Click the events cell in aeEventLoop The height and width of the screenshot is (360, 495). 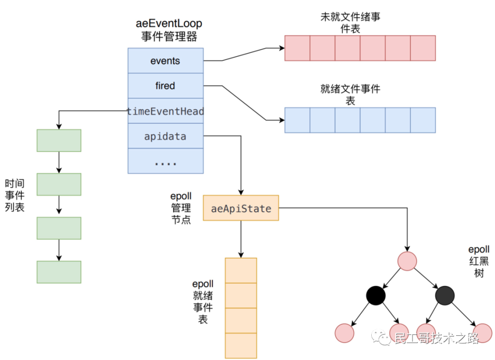click(x=165, y=61)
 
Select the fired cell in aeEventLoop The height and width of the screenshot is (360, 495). click(x=165, y=86)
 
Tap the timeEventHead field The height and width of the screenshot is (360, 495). click(x=165, y=111)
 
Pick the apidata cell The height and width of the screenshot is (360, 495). click(x=165, y=136)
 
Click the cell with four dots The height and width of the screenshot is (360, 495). click(x=165, y=161)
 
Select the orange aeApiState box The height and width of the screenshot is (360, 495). click(x=241, y=209)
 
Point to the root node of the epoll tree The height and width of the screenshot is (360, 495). click(x=407, y=261)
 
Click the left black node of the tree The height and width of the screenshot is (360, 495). click(x=376, y=295)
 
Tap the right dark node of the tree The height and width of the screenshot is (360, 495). click(x=444, y=295)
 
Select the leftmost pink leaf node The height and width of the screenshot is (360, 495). click(x=345, y=333)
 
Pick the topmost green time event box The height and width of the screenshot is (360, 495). click(x=59, y=140)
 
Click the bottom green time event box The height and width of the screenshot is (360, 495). click(x=59, y=272)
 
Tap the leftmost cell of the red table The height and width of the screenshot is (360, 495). click(x=297, y=48)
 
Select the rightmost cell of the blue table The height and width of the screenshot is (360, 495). click(x=423, y=120)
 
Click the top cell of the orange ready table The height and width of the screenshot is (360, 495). click(x=241, y=271)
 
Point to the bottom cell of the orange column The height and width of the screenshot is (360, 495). click(x=241, y=346)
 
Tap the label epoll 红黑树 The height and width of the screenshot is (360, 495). click(x=478, y=262)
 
